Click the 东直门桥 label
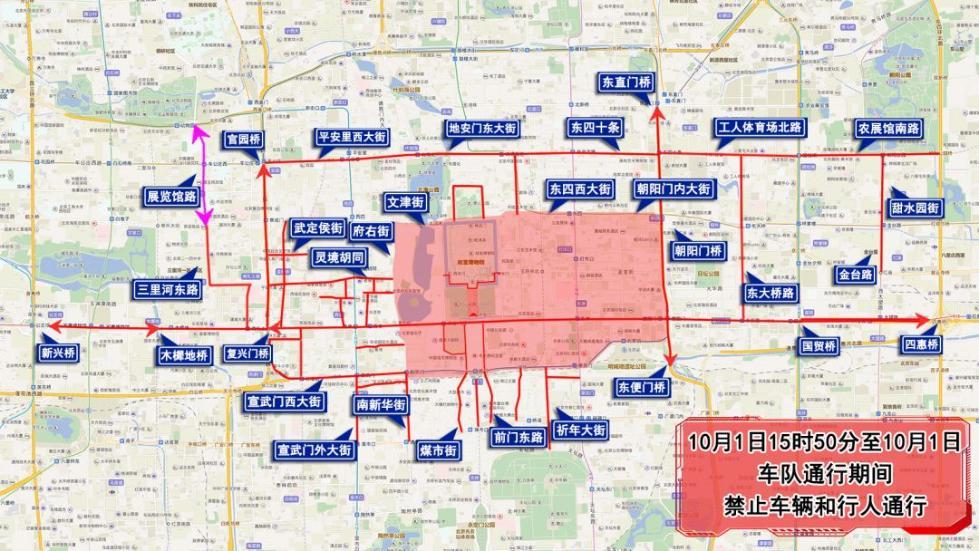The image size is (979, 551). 626,83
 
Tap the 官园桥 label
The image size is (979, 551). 243,140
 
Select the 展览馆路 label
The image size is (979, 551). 172,197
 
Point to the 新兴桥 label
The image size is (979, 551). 59,352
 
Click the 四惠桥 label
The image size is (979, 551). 920,345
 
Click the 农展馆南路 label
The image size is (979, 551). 888,129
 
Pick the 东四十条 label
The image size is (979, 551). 596,128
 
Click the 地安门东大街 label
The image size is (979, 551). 481,129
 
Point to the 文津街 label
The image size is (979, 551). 406,203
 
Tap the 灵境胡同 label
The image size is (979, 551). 337,258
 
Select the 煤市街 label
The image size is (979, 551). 438,451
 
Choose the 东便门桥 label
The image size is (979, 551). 641,387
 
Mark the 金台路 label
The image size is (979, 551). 856,274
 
